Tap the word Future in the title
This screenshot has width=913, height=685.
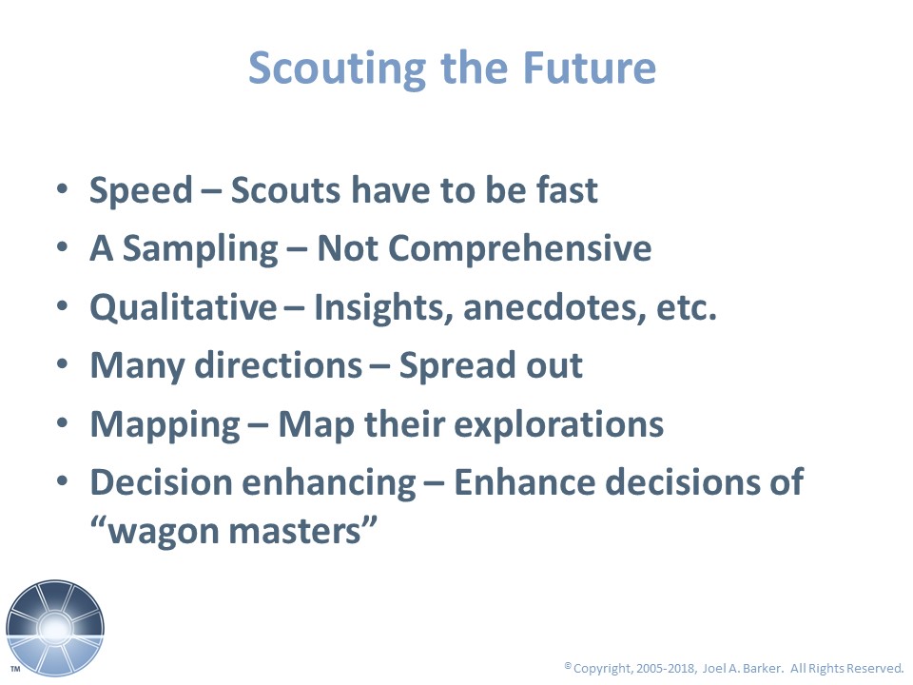click(x=590, y=68)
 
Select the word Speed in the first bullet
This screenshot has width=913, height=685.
click(x=141, y=190)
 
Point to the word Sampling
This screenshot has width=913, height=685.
click(x=201, y=249)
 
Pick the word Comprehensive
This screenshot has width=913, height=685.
click(x=519, y=249)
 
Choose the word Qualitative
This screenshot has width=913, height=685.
click(x=184, y=307)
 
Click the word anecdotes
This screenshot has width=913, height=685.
click(x=554, y=307)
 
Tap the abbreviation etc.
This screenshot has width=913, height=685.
click(x=687, y=308)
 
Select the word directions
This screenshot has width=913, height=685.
click(x=279, y=365)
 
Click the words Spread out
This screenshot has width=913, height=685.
click(x=491, y=365)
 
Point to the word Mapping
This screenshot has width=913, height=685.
click(x=165, y=425)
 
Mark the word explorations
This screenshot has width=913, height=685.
click(x=559, y=424)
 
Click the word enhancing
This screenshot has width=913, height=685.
click(x=329, y=483)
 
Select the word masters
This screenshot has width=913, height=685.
click(x=295, y=532)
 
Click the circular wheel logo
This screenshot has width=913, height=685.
click(x=55, y=629)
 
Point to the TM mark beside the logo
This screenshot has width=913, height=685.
click(x=16, y=669)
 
